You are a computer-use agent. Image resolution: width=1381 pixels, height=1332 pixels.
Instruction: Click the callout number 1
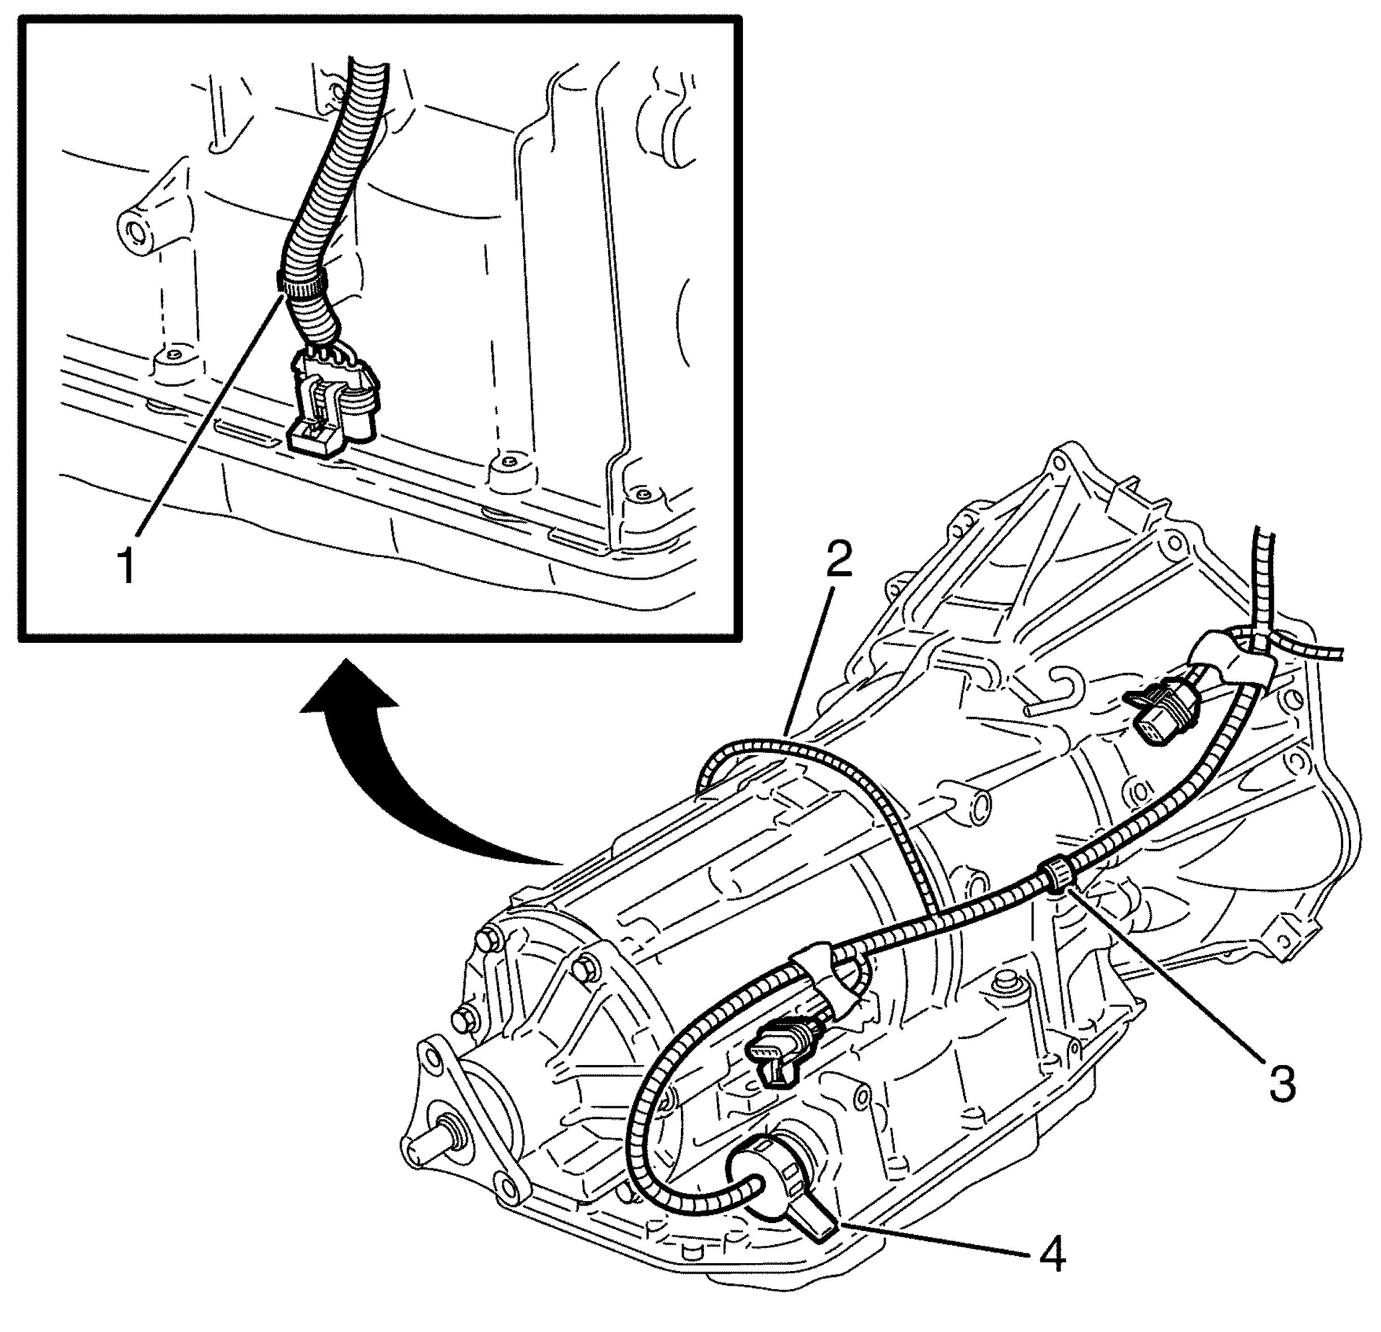127,568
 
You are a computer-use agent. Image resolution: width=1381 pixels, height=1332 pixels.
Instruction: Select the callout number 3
1281,1085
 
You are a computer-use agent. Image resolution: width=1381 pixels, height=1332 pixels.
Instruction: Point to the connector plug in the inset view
332,412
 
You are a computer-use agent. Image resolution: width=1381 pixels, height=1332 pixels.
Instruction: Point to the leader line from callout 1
212,416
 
